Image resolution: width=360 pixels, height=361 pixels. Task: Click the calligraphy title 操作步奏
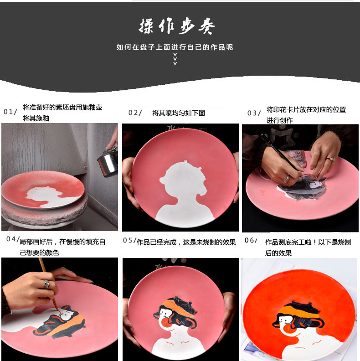click(x=176, y=26)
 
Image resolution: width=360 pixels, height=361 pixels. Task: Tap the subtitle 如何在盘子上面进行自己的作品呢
click(x=175, y=47)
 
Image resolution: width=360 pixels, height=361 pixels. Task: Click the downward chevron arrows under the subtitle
click(x=175, y=59)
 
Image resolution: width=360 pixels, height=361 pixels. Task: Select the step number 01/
click(x=10, y=112)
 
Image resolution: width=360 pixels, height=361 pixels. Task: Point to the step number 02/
click(x=135, y=113)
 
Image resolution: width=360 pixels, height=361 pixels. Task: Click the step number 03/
click(x=254, y=113)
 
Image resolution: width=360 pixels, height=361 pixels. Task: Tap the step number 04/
click(x=13, y=239)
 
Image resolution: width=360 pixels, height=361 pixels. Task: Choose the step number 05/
click(x=129, y=240)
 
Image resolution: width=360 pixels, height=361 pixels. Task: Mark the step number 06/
click(x=251, y=240)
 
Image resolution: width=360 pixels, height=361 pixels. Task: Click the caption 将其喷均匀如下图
click(x=179, y=113)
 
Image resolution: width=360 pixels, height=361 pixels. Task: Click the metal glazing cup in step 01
click(x=108, y=163)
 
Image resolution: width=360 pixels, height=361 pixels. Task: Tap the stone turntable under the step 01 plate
click(x=44, y=213)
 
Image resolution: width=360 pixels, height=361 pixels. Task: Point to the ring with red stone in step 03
click(x=329, y=159)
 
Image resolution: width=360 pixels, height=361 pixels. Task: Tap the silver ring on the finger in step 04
click(x=47, y=284)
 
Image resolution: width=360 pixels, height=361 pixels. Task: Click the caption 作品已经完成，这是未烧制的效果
click(x=186, y=242)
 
